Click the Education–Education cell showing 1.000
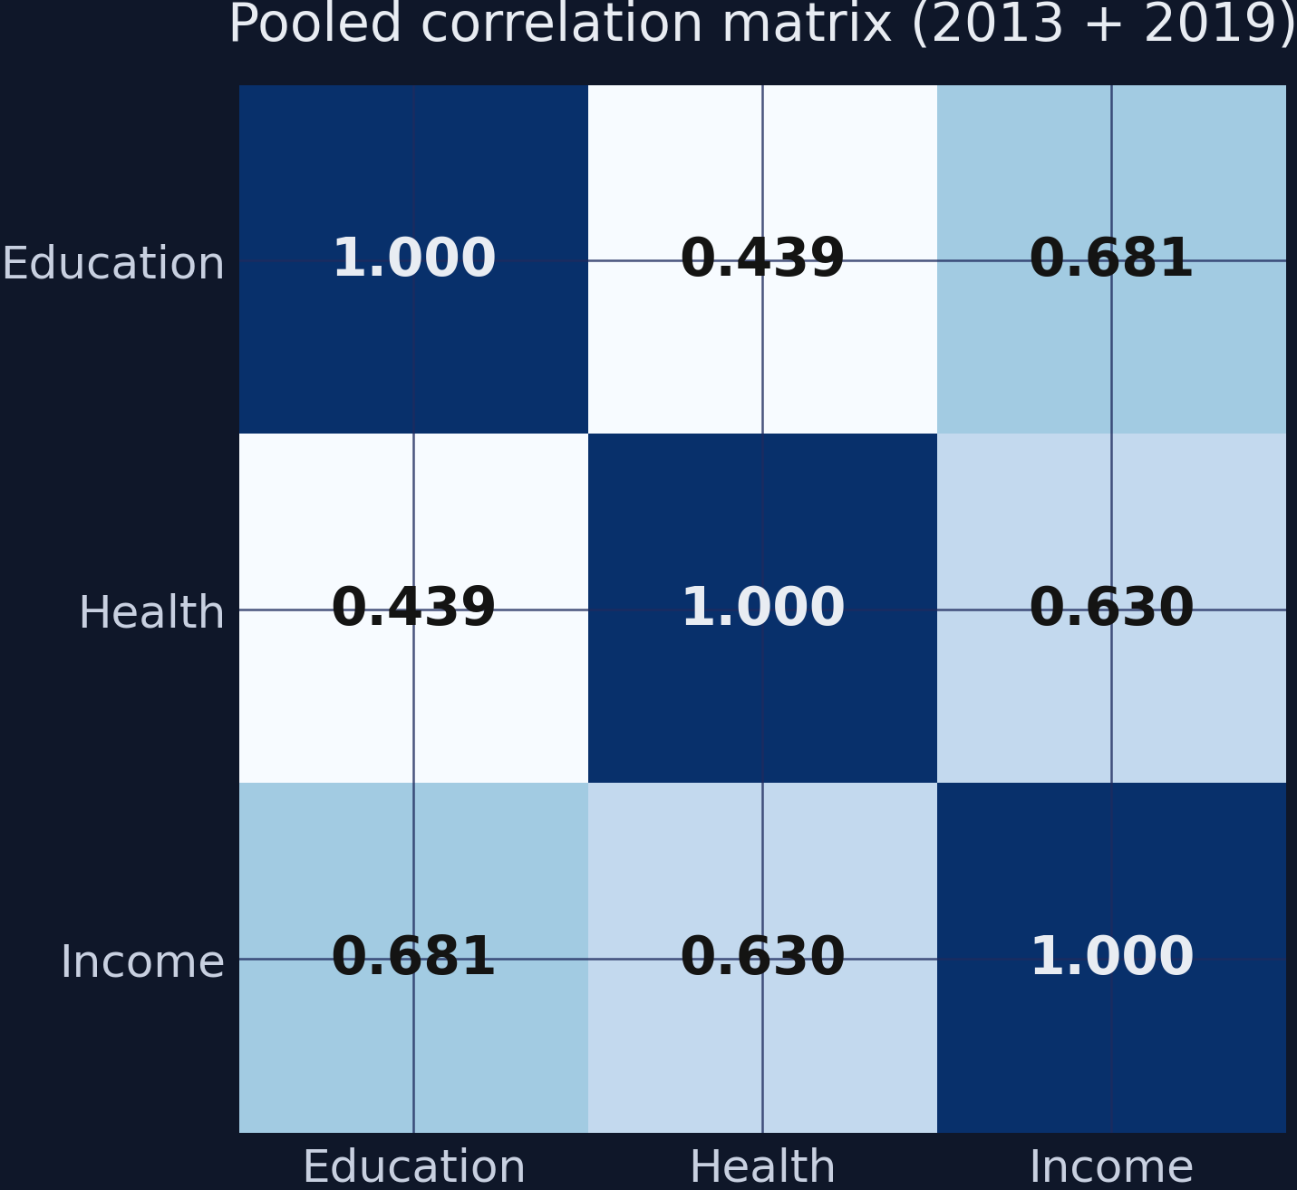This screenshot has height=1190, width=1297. (x=413, y=260)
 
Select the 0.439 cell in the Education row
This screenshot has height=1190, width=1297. (x=762, y=260)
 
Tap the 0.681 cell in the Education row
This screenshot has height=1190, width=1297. (x=1111, y=260)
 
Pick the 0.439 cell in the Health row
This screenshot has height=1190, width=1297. (x=413, y=609)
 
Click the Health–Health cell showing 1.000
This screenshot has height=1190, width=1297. (x=762, y=609)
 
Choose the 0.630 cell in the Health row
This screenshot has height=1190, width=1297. (x=1111, y=609)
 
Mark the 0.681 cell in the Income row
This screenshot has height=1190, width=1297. (x=413, y=958)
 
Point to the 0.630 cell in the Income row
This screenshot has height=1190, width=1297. (x=762, y=958)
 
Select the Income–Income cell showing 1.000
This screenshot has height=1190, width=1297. (x=1111, y=958)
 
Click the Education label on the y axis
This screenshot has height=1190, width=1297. (x=113, y=265)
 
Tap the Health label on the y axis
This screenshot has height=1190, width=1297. (x=151, y=613)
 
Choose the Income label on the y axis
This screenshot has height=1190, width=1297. (x=142, y=962)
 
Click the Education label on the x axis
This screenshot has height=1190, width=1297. (x=413, y=1167)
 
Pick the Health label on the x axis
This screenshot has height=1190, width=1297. (x=762, y=1167)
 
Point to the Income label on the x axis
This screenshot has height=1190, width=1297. (x=1111, y=1167)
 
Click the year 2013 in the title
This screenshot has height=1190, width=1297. (x=997, y=24)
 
